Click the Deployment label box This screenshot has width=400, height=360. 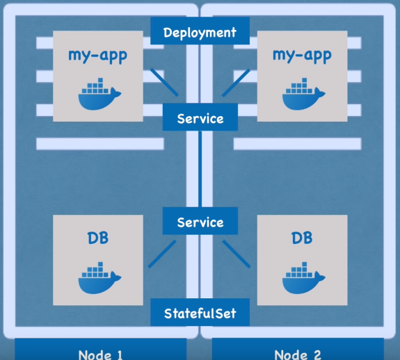pyautogui.click(x=200, y=31)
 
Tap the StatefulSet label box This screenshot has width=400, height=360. pyautogui.click(x=200, y=312)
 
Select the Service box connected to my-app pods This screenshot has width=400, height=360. pyautogui.click(x=200, y=117)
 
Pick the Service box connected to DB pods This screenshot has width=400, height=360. pyautogui.click(x=200, y=221)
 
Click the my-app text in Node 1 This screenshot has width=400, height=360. pyautogui.click(x=97, y=56)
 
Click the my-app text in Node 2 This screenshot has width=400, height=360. pyautogui.click(x=302, y=56)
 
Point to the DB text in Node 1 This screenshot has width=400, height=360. pyautogui.click(x=97, y=238)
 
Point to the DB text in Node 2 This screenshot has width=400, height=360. pyautogui.click(x=302, y=238)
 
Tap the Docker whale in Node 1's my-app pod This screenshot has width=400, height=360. pyautogui.click(x=99, y=94)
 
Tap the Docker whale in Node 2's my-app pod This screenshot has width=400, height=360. pyautogui.click(x=303, y=94)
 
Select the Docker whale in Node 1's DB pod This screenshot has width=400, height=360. pyautogui.click(x=99, y=278)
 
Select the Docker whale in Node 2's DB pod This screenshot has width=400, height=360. pyautogui.click(x=303, y=278)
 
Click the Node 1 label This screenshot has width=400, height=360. pyautogui.click(x=100, y=354)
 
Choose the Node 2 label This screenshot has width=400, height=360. pyautogui.click(x=298, y=354)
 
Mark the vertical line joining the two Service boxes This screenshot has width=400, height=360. pyautogui.click(x=200, y=169)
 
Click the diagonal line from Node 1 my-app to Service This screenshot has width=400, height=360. pyautogui.click(x=164, y=82)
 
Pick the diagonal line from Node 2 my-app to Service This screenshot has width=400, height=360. pyautogui.click(x=236, y=83)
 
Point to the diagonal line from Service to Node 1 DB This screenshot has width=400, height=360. pyautogui.click(x=162, y=254)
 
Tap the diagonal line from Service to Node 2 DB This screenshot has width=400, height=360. pyautogui.click(x=237, y=254)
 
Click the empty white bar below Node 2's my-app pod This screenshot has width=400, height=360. pyautogui.click(x=298, y=144)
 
